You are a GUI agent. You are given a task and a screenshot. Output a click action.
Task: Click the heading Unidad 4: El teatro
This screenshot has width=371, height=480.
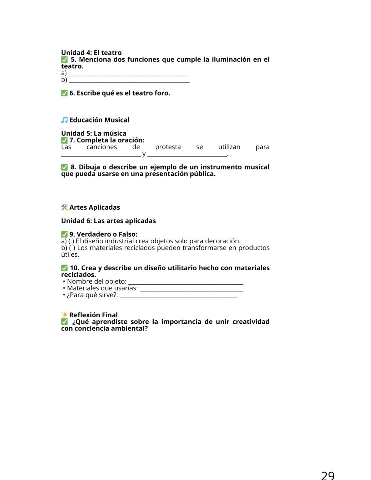point(91,53)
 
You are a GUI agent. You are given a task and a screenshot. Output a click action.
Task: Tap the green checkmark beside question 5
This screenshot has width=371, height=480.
point(64,60)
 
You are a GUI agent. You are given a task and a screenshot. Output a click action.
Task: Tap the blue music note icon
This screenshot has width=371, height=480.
point(64,120)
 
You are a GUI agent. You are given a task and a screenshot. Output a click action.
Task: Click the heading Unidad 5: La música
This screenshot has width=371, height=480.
point(94,133)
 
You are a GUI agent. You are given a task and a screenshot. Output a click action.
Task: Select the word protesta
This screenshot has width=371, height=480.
point(168,147)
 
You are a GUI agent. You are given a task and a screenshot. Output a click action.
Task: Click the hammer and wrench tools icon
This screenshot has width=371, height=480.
point(64,207)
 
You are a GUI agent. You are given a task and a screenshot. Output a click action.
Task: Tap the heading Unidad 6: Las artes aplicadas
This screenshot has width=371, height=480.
point(108,221)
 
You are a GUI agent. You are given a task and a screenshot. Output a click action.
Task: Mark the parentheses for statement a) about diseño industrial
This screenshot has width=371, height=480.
point(71,241)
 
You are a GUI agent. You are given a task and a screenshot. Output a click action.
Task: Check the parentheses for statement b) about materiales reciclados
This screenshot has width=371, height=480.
point(72,248)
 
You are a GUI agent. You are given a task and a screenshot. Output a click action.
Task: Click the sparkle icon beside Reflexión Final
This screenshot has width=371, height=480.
point(64,315)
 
